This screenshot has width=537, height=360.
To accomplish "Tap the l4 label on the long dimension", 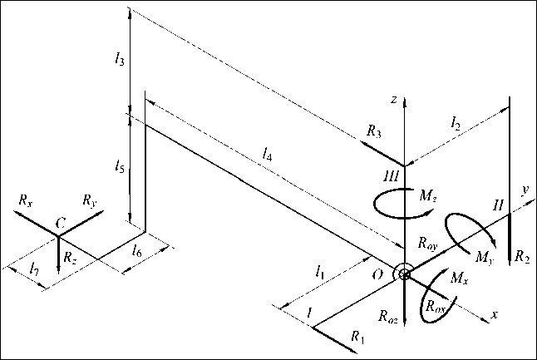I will coord(266,153).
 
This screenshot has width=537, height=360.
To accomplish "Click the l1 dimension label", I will coord(320,271).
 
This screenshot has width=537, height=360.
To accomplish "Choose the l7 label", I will coord(32,269).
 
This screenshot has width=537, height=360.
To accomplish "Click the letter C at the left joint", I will coord(59,223).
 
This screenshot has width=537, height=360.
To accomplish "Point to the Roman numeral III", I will coord(392,176).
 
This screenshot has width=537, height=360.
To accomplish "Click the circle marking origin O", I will coord(404,274).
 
